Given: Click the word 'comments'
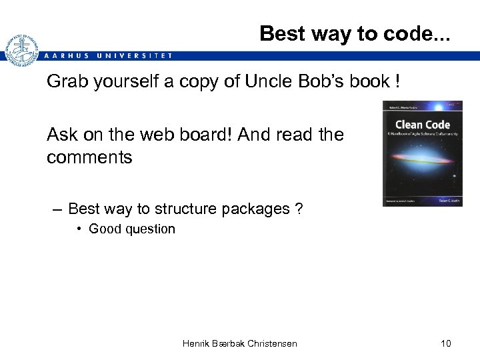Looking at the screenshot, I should pyautogui.click(x=89, y=157).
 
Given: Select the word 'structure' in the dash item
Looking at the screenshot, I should pyautogui.click(x=186, y=209).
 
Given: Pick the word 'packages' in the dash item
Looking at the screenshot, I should pyautogui.click(x=257, y=209).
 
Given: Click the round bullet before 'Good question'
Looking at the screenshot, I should pyautogui.click(x=79, y=229).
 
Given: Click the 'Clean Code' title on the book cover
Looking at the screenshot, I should pyautogui.click(x=422, y=125).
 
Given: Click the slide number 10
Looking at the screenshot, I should pyautogui.click(x=445, y=343).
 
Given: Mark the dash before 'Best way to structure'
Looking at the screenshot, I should pyautogui.click(x=57, y=209).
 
